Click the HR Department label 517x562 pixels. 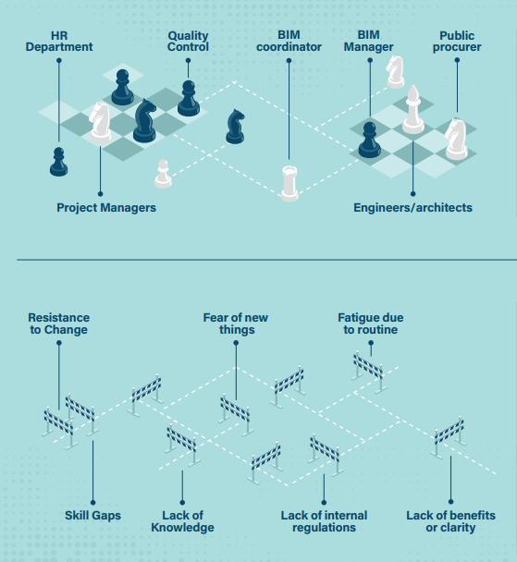coord(59,42)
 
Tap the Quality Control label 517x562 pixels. coord(188,42)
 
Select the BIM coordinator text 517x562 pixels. coord(289,41)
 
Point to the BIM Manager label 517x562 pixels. coord(369,41)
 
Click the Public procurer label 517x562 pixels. coord(457,42)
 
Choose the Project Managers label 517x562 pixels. coord(106,208)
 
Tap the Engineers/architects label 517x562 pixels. coord(413,208)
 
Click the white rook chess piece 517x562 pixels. coord(289,183)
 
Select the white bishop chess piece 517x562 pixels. coord(413,110)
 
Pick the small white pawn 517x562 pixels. coord(163,174)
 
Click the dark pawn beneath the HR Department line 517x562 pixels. coord(59,162)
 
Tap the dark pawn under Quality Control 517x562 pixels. coord(189,98)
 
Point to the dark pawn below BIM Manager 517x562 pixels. coord(370,140)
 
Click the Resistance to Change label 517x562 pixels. coord(59,324)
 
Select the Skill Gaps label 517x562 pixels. coord(92,516)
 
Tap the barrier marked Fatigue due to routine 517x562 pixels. coord(369,371)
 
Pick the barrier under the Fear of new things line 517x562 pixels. coord(235,416)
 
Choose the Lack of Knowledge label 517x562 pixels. coord(182,521)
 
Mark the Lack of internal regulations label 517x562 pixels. coord(324,521)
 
